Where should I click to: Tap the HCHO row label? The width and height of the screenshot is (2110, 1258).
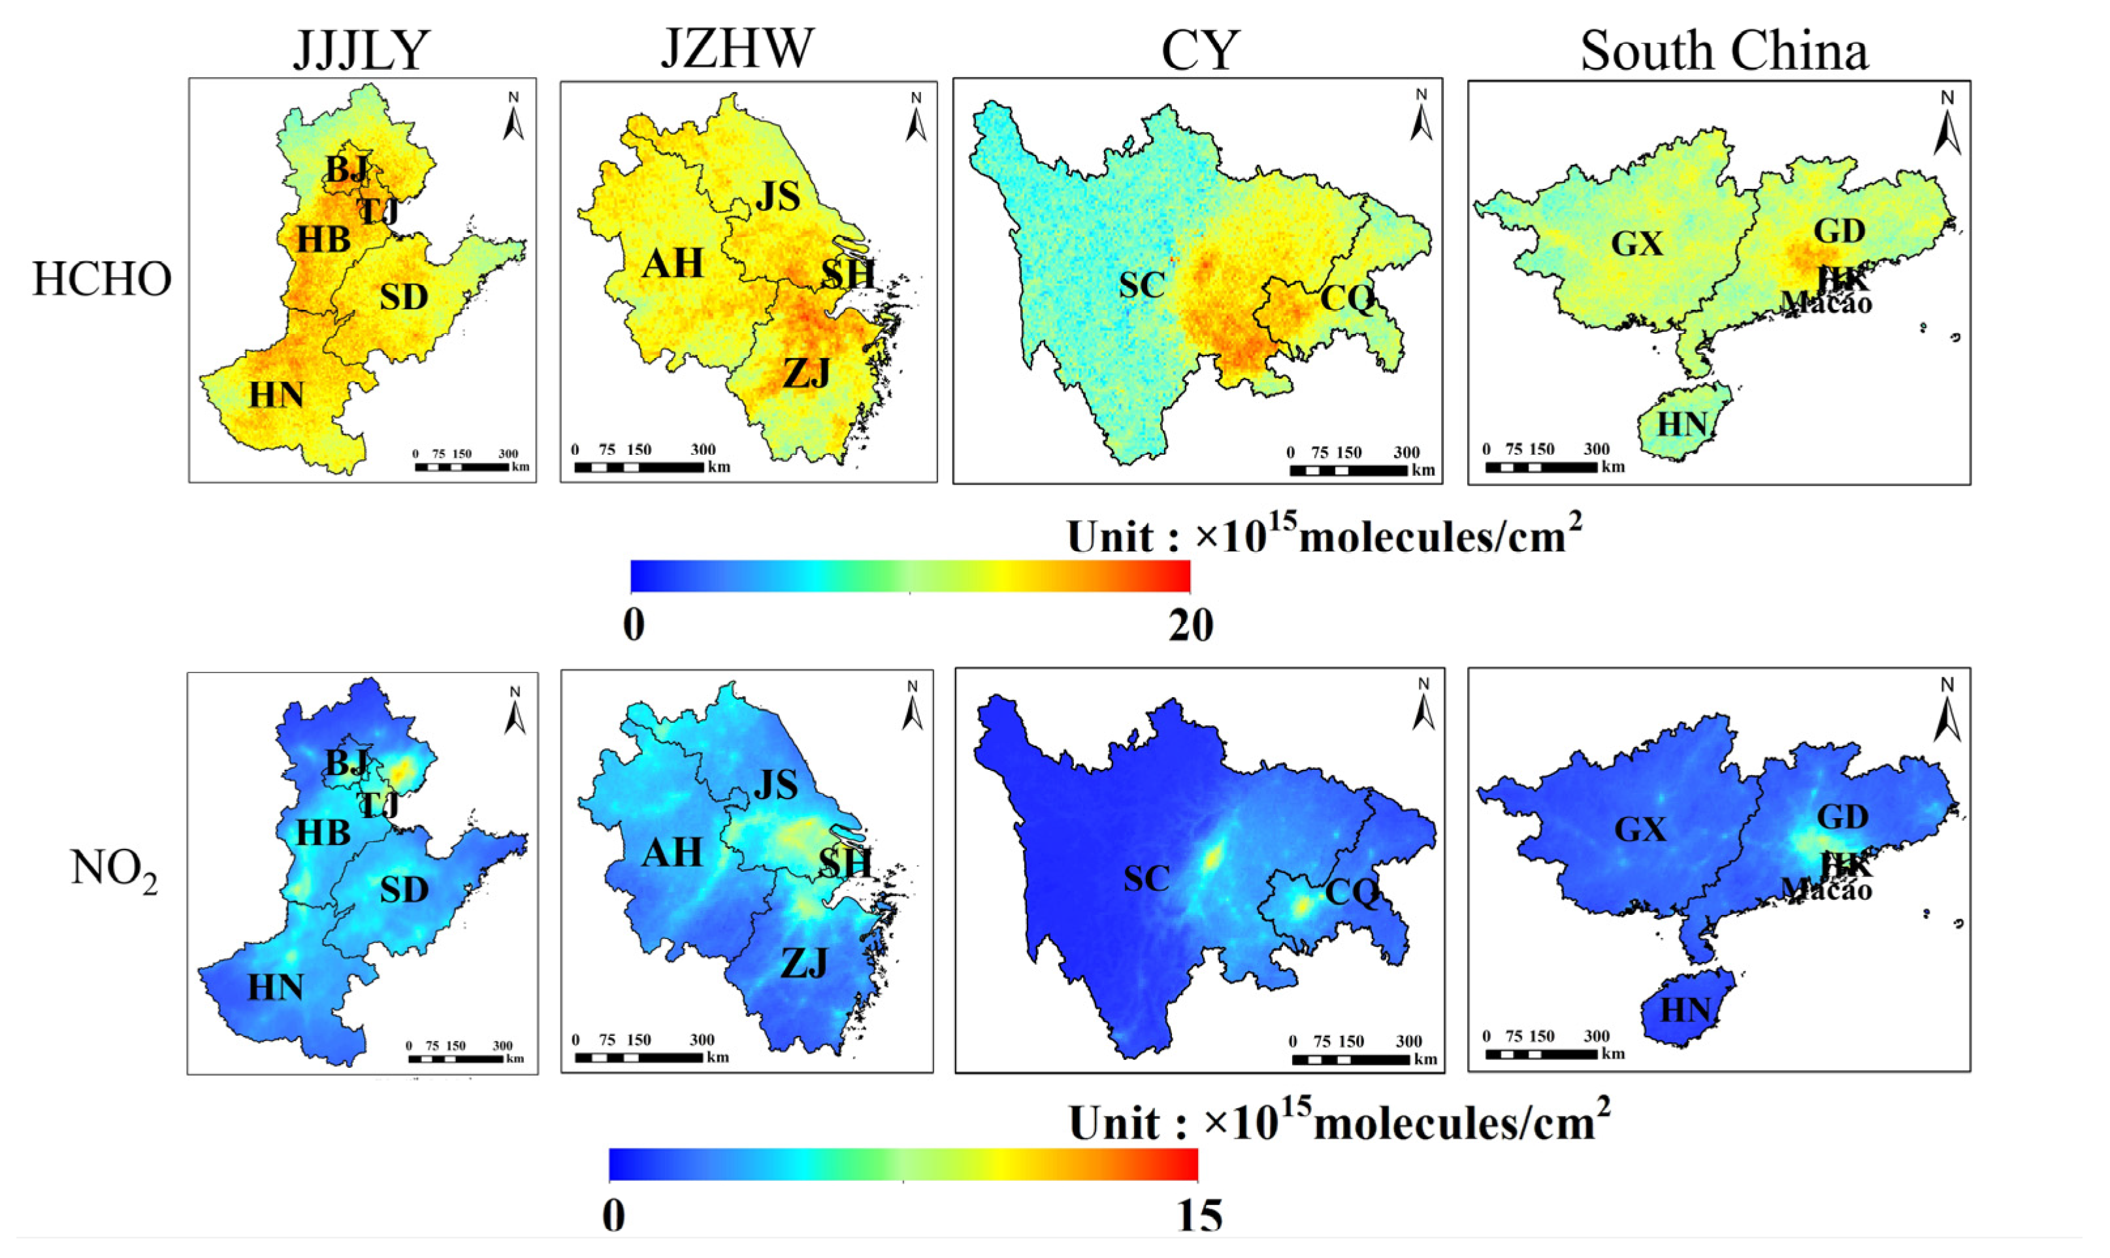pos(103,279)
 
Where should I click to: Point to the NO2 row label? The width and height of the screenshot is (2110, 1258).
pos(114,870)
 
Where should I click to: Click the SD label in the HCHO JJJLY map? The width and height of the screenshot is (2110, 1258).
pos(403,297)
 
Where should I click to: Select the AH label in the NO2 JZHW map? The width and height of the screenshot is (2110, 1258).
pos(672,853)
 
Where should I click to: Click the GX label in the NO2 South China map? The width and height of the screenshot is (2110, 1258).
pos(1640,829)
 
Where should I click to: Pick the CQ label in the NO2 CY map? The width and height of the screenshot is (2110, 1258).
pos(1351,892)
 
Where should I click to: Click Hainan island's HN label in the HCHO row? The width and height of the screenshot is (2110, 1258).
pos(1681,424)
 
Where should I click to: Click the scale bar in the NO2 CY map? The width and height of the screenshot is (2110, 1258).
pos(1350,1059)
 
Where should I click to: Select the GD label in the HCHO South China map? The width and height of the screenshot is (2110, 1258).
pos(1840,231)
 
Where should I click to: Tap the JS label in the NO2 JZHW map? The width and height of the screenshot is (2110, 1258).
pos(776,786)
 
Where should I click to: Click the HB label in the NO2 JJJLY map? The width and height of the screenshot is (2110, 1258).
pos(323,833)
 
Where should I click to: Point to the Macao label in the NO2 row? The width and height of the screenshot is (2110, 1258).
pos(1827,890)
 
